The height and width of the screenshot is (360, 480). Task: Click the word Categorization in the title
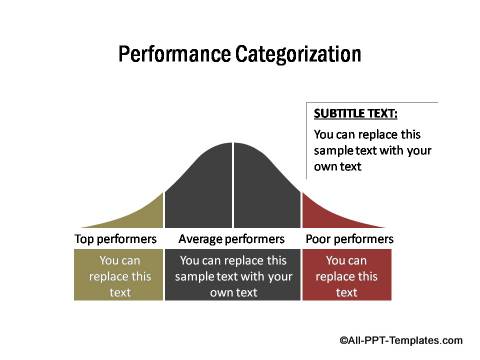click(x=297, y=54)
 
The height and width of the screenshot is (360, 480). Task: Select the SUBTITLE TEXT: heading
click(x=355, y=114)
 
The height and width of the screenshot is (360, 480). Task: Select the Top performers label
click(x=116, y=240)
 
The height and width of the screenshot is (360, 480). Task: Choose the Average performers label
click(x=233, y=240)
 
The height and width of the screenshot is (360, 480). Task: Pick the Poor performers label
click(x=347, y=240)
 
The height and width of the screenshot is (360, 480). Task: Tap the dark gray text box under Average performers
click(x=233, y=276)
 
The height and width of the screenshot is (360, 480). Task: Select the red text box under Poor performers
click(x=347, y=276)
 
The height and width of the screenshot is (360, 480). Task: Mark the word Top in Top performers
click(x=86, y=240)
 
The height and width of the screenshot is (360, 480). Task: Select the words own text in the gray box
click(x=234, y=292)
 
